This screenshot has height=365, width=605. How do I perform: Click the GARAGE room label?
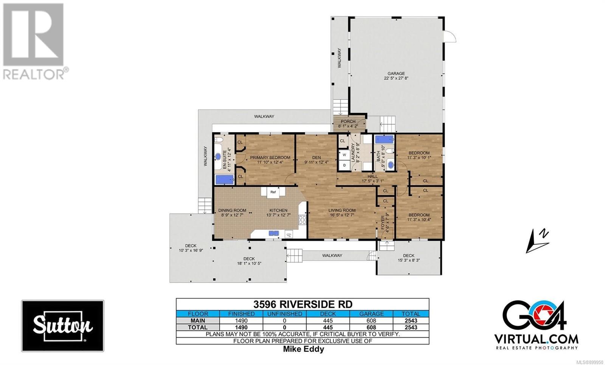coord(396,73)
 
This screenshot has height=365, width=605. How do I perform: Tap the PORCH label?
coord(348,121)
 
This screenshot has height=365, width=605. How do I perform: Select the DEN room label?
coord(316,157)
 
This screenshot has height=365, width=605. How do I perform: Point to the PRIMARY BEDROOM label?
coord(270,157)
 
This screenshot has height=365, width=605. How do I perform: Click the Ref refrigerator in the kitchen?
coord(273,192)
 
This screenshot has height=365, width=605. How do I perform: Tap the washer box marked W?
coord(344,155)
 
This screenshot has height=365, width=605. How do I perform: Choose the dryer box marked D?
coord(344,165)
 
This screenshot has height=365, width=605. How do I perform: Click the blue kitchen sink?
coord(274,233)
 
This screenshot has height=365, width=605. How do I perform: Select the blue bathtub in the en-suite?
coord(225,180)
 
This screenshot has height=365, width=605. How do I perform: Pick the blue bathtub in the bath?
coord(384,139)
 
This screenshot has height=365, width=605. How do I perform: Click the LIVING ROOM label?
coord(342,210)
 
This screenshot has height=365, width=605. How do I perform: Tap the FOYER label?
coord(383,223)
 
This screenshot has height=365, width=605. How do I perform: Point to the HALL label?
coord(372,176)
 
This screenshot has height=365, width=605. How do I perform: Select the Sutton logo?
coord(63,326)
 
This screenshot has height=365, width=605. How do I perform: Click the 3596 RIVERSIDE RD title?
coord(303,304)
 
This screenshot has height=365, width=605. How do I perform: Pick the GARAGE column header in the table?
coord(371,314)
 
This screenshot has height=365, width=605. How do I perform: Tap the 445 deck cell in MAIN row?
coord(328,321)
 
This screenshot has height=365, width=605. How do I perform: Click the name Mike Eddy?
coord(303,349)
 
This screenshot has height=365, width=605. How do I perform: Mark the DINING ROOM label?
coord(232,210)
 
